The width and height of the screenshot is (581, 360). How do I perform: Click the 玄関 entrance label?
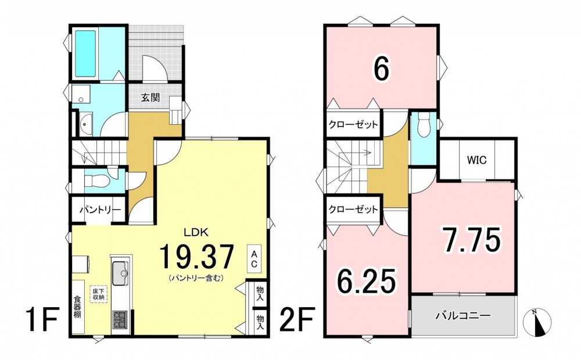pyautogui.click(x=150, y=98)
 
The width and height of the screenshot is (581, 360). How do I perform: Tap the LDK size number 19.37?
pyautogui.click(x=197, y=257)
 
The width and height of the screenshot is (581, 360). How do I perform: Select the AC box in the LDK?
pyautogui.click(x=254, y=259)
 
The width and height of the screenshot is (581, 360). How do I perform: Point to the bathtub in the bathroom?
pyautogui.click(x=85, y=53)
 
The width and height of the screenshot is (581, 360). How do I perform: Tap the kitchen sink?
pyautogui.click(x=120, y=273)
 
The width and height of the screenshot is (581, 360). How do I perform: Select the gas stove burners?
pyautogui.click(x=120, y=319)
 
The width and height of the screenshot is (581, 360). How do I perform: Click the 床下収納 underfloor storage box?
pyautogui.click(x=99, y=294)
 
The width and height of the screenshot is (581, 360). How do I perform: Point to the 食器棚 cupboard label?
pyautogui.click(x=77, y=307)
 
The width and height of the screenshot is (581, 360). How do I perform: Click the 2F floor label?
pyautogui.click(x=297, y=321)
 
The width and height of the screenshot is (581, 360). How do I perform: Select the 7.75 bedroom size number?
pyautogui.click(x=471, y=240)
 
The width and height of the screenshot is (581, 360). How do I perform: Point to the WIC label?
pyautogui.click(x=476, y=160)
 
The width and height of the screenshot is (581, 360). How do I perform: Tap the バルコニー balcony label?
pyautogui.click(x=463, y=316)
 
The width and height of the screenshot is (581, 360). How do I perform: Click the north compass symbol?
pyautogui.click(x=537, y=322)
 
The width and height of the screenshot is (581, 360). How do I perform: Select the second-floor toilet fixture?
pyautogui.click(x=423, y=125)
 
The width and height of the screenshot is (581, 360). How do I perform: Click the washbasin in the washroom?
pyautogui.click(x=86, y=124)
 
